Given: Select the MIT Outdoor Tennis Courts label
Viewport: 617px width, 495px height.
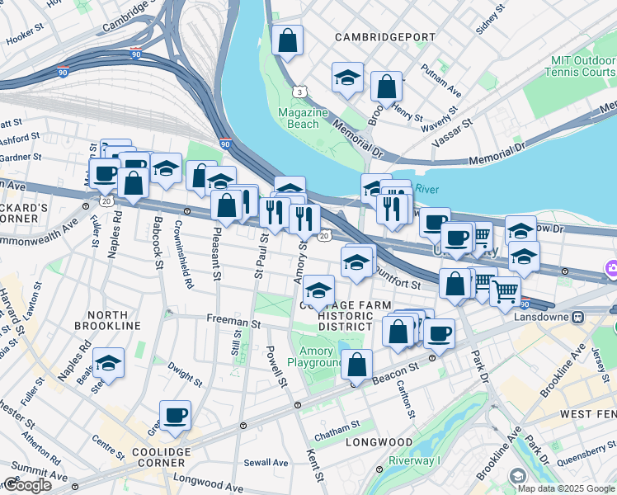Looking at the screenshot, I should pyautogui.click(x=580, y=67).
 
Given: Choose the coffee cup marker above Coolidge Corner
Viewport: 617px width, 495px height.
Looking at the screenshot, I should pyautogui.click(x=174, y=415).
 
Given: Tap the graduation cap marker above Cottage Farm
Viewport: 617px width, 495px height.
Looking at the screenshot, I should pyautogui.click(x=318, y=290).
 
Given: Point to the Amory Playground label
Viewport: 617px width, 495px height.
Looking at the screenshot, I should pyautogui.click(x=315, y=356).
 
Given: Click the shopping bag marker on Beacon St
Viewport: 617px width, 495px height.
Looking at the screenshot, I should pyautogui.click(x=356, y=364).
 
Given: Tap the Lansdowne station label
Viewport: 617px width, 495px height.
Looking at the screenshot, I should pyautogui.click(x=541, y=316).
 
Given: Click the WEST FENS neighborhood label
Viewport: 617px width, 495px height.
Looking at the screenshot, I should pyautogui.click(x=588, y=412).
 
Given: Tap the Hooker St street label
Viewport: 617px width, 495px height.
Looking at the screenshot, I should pyautogui.click(x=25, y=35).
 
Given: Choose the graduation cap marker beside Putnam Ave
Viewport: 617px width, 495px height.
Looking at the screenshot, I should pyautogui.click(x=347, y=78).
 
